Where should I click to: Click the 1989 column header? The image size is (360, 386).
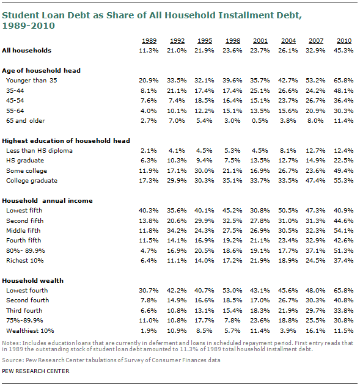[x=149, y=41]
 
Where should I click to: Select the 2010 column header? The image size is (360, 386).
[x=344, y=41]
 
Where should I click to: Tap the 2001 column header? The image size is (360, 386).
[x=260, y=41]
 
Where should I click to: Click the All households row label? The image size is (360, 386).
[x=27, y=51]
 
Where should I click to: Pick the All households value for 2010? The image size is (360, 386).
[x=343, y=51]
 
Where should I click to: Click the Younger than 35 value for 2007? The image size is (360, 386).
[x=315, y=81]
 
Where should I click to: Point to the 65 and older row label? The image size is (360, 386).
[x=26, y=121]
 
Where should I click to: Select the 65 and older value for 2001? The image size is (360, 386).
[x=260, y=121]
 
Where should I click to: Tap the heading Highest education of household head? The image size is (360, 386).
[x=66, y=141]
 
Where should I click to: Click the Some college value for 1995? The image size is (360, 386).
[x=204, y=170]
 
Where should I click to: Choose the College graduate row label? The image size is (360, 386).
[x=32, y=181]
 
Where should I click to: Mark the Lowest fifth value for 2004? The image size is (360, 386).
[x=288, y=211]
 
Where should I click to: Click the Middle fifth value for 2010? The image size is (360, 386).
[x=343, y=231]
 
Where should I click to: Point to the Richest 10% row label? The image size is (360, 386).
[x=25, y=260]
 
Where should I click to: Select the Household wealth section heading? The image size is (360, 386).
[x=33, y=280]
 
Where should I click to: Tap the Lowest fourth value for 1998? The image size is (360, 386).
[x=232, y=291]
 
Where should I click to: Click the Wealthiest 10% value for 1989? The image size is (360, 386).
[x=149, y=330]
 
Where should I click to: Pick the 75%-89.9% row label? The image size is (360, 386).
[x=24, y=321]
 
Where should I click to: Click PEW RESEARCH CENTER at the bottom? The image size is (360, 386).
[x=35, y=371]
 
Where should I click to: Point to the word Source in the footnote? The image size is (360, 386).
[x=12, y=360]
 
